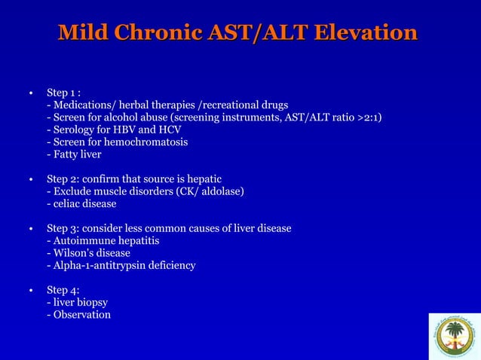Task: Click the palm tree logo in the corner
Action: [454, 336]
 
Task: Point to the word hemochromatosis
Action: [146, 142]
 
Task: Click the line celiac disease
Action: [81, 203]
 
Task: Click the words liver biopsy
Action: [79, 302]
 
